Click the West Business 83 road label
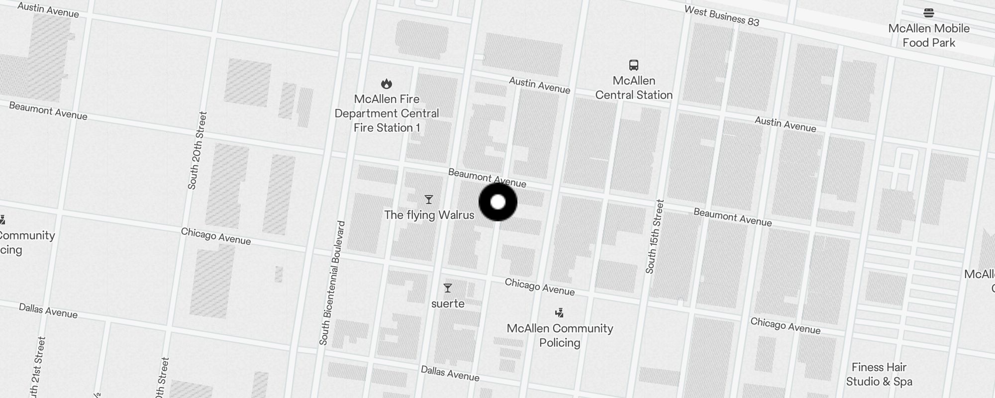pos(721,15)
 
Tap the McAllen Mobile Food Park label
pos(929,35)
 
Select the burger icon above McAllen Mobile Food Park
pos(929,12)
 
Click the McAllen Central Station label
pos(634,88)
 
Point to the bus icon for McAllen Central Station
pos(634,65)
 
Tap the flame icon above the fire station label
pos(387,84)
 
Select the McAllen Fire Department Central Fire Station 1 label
pos(387,113)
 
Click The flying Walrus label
pos(429,215)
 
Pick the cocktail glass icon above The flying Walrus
pos(429,199)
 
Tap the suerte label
pos(448,303)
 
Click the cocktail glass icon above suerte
pos(448,288)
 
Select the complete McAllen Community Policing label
pos(560,335)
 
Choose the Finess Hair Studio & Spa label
pos(879,374)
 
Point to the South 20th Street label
pos(197,150)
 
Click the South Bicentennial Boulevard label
pos(332,283)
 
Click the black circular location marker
pos(498,202)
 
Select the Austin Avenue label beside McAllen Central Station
pos(539,85)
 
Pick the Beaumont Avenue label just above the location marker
pos(487,178)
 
